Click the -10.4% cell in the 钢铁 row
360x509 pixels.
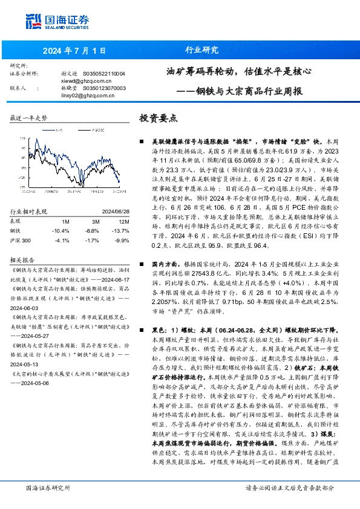61,230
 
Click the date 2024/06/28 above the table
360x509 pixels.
110,212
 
